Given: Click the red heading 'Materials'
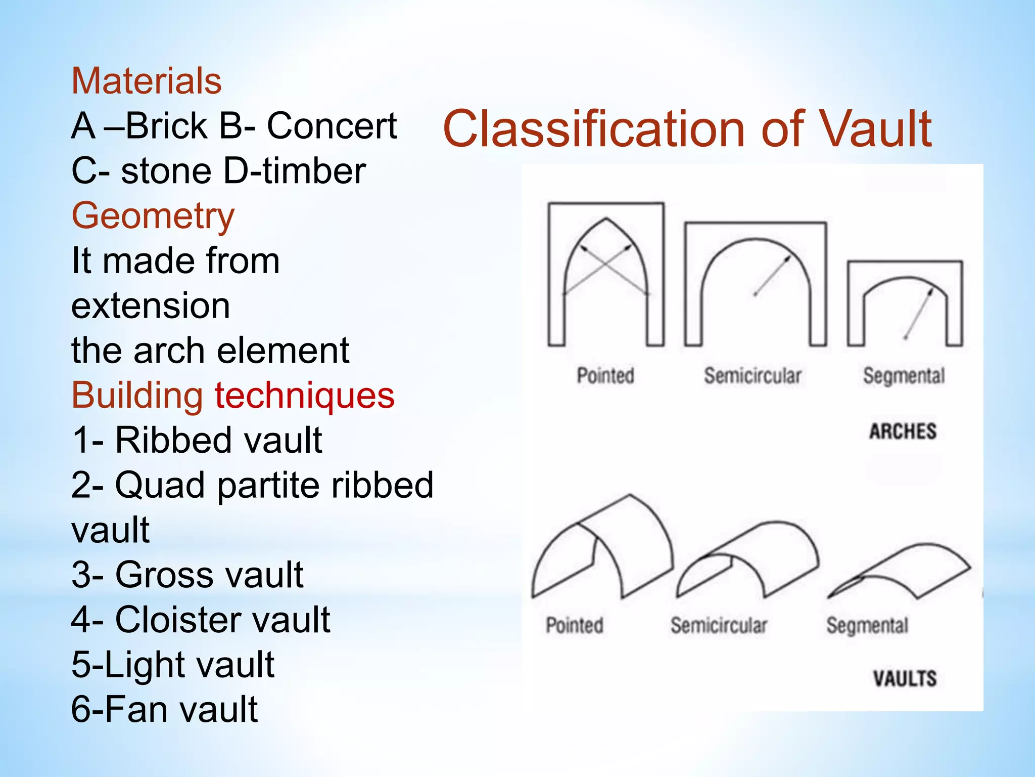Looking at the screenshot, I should pos(147,81).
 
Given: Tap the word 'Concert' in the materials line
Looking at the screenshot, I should pos(332,126).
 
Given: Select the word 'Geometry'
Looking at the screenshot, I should pos(153,216).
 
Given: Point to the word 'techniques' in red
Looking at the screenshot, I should pos(305,396).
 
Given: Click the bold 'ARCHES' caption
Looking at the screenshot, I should pos(903,431).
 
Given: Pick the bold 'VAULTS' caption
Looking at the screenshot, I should pos(905,678).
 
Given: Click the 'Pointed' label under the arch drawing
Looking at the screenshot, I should pos(605,376).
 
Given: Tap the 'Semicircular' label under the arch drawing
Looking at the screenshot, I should pos(752,376).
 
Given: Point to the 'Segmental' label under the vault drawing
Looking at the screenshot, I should pos(867,626).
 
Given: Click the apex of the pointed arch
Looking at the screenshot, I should pos(606,219).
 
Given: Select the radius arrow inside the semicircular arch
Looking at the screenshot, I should pos(772,276).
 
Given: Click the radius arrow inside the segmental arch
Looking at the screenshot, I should pos(919,314).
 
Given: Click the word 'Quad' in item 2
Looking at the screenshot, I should pos(162,485).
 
